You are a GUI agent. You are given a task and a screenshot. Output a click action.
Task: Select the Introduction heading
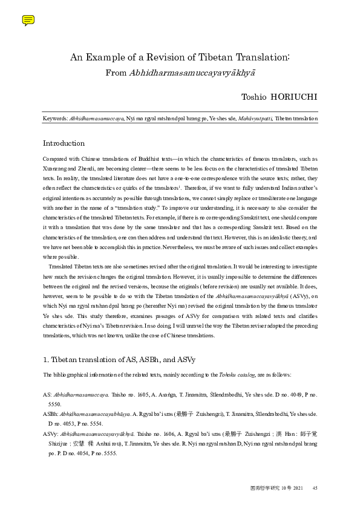64,143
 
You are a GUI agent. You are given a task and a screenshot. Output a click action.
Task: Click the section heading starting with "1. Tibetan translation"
119,360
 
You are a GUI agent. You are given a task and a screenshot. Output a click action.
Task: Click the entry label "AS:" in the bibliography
47,394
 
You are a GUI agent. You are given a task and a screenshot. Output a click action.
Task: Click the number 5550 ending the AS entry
54,403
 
